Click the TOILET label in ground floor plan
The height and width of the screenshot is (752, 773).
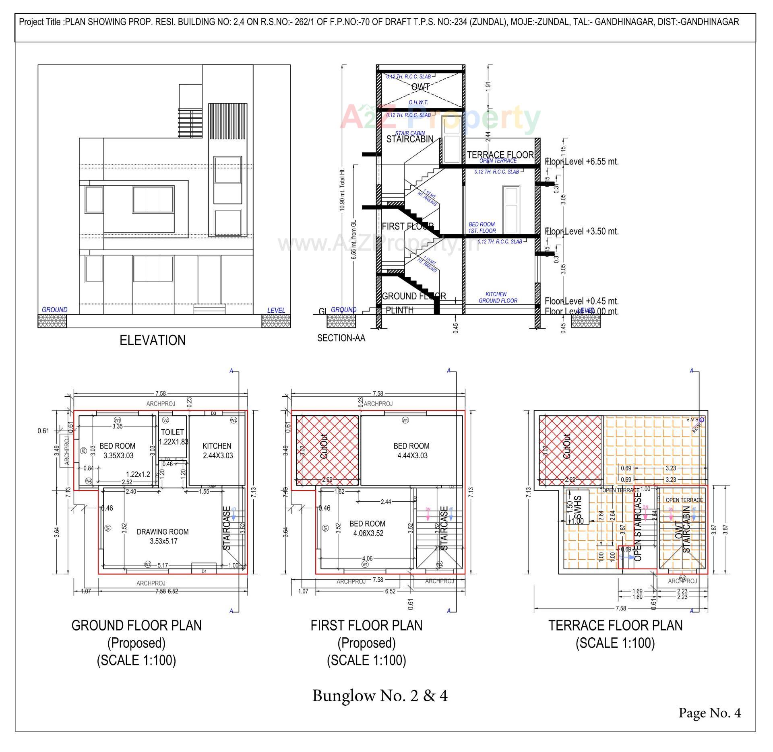point(172,432)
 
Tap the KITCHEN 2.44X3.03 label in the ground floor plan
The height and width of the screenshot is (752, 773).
point(217,451)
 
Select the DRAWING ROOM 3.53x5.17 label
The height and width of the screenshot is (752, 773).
point(163,536)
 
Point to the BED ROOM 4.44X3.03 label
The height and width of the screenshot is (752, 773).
point(411,451)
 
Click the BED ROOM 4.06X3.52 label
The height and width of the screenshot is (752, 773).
point(367,528)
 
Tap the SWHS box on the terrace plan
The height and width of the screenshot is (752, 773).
point(577,507)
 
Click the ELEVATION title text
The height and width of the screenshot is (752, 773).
point(153,340)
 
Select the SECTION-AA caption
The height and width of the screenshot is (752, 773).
point(341,338)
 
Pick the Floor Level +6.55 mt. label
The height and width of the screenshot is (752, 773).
point(581,162)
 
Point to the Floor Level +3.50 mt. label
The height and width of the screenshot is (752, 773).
point(581,231)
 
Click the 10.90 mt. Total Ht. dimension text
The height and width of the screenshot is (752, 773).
point(342,189)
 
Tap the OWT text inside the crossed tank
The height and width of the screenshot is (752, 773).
point(420,87)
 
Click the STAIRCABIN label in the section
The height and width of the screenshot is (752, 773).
point(409,139)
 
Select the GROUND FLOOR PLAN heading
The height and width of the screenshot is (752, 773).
point(136,625)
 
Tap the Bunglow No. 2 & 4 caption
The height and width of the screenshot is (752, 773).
point(380,695)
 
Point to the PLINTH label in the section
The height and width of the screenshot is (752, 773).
point(399,310)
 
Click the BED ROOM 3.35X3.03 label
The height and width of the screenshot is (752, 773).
point(117,451)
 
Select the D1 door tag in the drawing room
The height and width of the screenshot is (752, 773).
point(204,571)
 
